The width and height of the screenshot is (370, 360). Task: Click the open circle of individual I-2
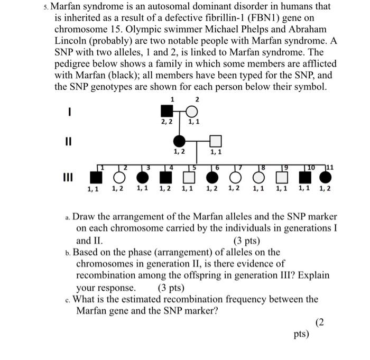192,111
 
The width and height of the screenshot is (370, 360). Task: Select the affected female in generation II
180,141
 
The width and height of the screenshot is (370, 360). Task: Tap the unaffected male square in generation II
215,141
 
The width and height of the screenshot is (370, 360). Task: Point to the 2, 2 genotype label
168,123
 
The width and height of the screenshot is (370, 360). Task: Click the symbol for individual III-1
95,176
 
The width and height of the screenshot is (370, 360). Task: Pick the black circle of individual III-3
142,176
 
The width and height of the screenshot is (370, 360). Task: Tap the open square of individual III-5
187,176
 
